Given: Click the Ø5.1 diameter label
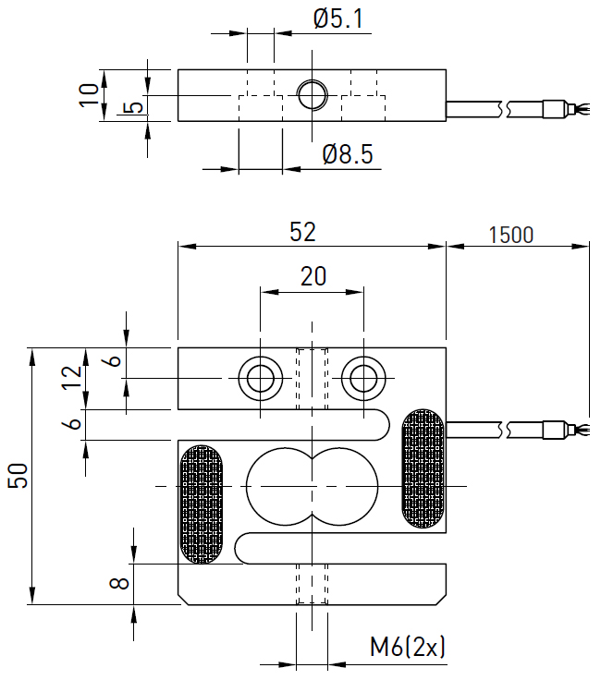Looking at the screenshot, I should tap(337, 18).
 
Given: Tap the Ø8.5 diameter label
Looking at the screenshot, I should tap(348, 154).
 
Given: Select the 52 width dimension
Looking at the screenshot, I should tap(302, 232).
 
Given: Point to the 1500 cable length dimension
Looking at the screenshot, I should tap(510, 235).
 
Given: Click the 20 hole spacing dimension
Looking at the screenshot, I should tap(313, 275).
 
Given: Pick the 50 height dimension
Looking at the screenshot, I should tap(20, 476).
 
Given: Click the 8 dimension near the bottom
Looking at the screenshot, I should tap(117, 584).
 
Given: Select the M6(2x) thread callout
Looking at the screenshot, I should tap(408, 647).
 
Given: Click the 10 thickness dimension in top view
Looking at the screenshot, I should tap(89, 94).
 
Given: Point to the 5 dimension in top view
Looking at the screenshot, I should tap(134, 108).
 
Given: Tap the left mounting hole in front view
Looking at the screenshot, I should tap(259, 377).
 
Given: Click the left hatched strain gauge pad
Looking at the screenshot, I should tap(201, 504).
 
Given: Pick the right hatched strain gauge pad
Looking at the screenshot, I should tap(422, 468).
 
